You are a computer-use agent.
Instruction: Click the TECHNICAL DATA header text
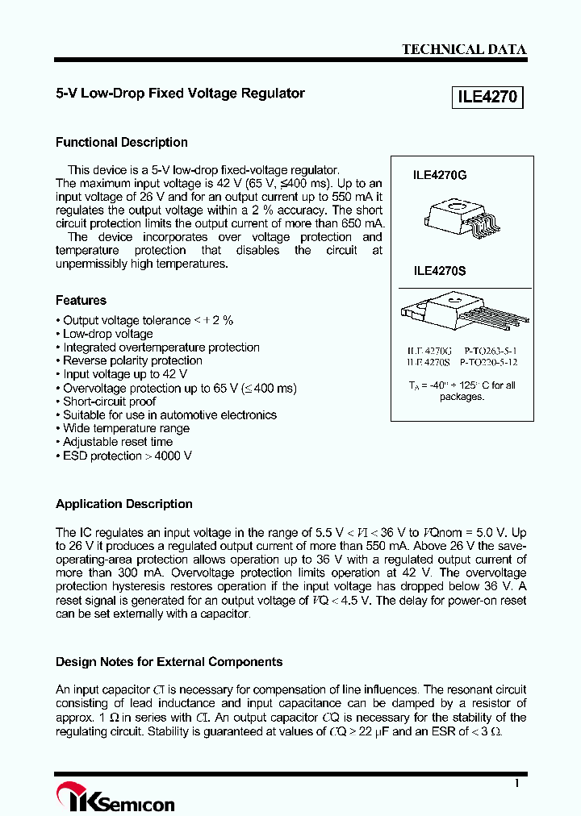click(x=464, y=49)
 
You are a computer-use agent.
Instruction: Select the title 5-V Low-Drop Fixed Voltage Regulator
click(x=180, y=94)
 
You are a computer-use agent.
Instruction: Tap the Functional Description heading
click(x=121, y=143)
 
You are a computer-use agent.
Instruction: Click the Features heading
click(x=81, y=300)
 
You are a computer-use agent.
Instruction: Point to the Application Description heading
click(x=123, y=504)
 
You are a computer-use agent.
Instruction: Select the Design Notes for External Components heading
click(x=169, y=662)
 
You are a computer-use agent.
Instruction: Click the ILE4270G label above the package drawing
click(x=440, y=173)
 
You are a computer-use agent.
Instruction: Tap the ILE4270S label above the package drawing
click(x=440, y=273)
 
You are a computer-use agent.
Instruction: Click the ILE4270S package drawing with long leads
click(x=464, y=314)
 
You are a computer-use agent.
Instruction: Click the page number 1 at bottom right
click(x=516, y=783)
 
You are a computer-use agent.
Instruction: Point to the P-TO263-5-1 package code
click(x=491, y=352)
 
